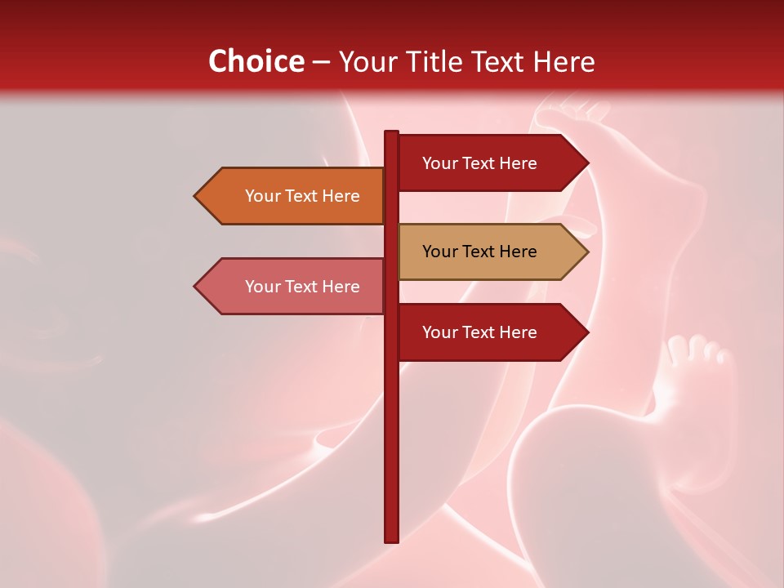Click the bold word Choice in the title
click(x=256, y=61)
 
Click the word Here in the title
click(x=563, y=61)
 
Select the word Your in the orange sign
click(x=262, y=196)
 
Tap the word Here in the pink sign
click(x=341, y=287)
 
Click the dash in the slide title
click(x=321, y=62)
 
